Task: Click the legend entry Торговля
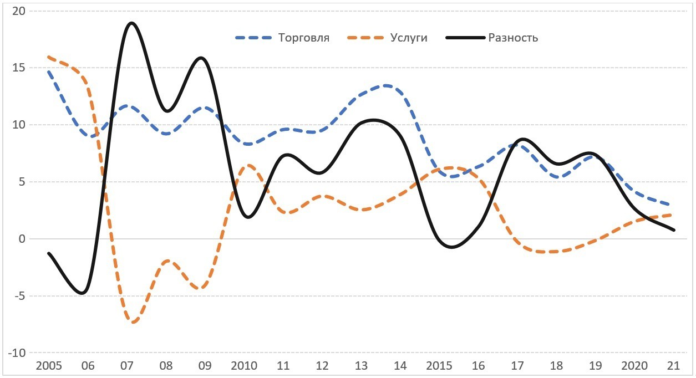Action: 303,38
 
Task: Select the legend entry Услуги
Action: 408,38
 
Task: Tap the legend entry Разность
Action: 513,38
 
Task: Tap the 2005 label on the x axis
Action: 49,366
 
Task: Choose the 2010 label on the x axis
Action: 244,366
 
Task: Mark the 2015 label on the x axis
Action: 439,366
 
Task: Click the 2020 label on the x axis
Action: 634,366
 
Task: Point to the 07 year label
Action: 127,366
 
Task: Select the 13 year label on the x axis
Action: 361,366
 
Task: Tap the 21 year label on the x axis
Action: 673,366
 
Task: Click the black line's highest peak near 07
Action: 131,23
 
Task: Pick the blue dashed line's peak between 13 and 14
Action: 385,85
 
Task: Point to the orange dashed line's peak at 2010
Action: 248,165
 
